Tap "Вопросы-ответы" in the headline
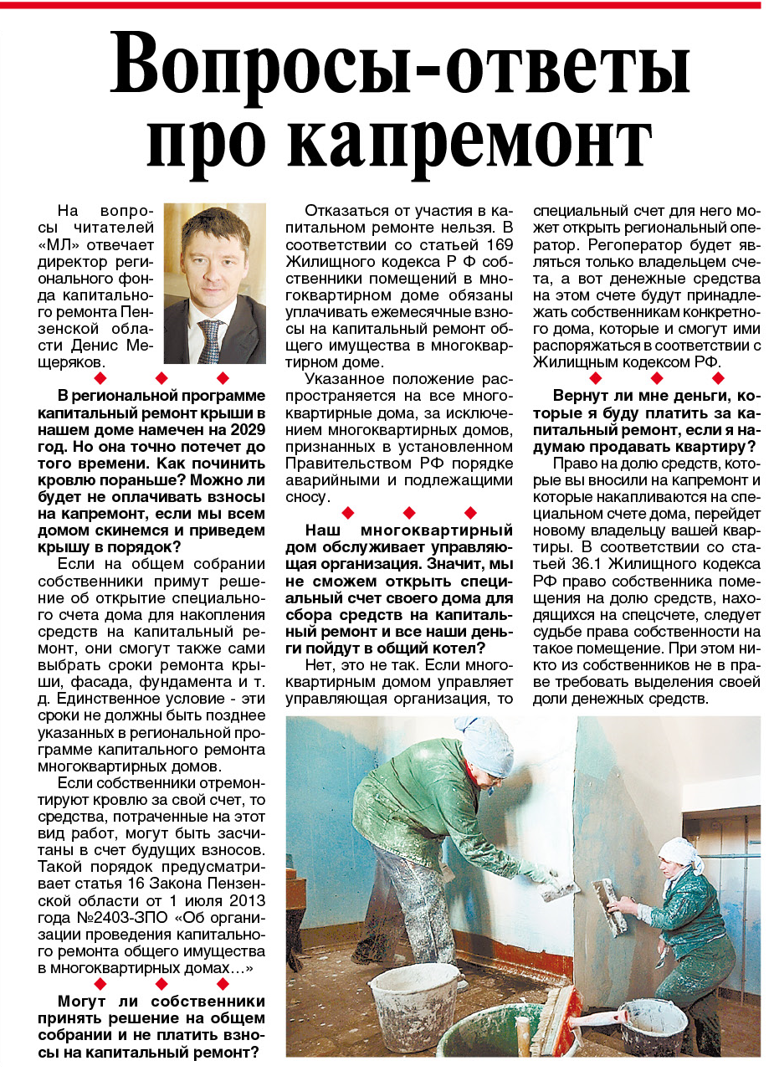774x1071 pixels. point(400,64)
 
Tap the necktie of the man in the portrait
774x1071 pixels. point(209,340)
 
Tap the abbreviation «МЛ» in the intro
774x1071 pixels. point(60,244)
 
